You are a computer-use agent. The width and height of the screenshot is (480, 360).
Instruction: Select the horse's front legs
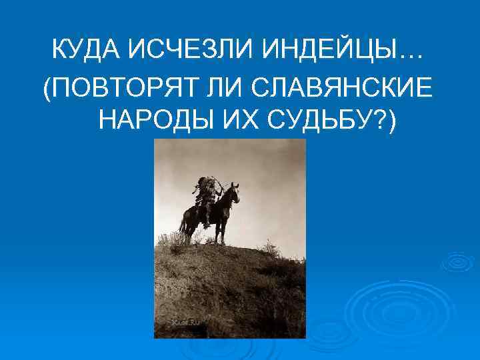[x=225, y=227]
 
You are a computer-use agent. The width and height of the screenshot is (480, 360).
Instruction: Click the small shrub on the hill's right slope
[x=269, y=250]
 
